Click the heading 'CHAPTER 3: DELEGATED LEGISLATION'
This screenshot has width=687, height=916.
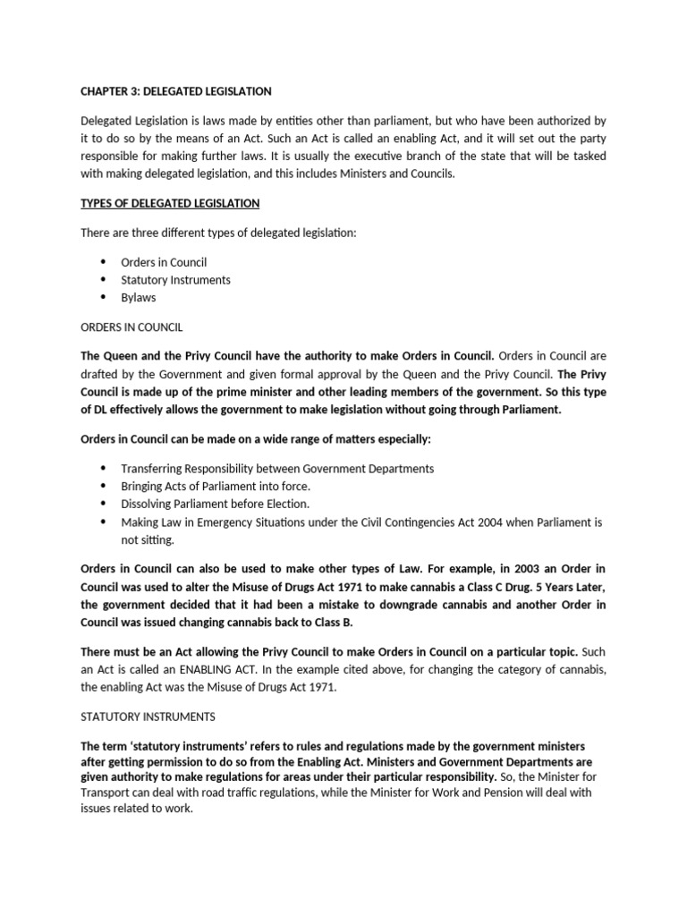click(176, 91)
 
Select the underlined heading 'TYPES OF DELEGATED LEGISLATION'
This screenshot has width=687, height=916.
click(170, 204)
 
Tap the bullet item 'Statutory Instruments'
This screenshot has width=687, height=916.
click(175, 279)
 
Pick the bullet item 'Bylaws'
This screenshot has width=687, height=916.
click(138, 297)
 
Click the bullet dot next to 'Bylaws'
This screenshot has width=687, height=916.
click(102, 297)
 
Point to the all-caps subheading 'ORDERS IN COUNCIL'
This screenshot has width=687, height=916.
click(131, 328)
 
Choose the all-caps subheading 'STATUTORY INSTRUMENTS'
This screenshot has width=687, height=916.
click(147, 717)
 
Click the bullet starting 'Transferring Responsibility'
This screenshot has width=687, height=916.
click(277, 468)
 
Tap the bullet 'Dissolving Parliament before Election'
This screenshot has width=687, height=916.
click(216, 504)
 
